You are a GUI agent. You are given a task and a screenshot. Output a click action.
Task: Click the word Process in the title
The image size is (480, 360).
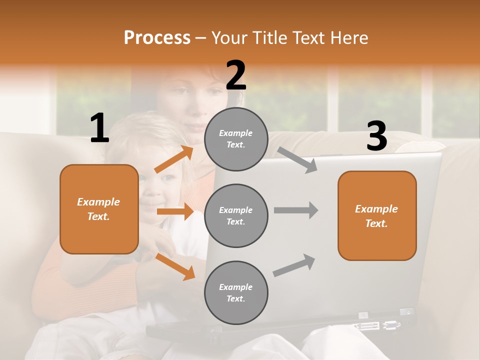click(x=157, y=38)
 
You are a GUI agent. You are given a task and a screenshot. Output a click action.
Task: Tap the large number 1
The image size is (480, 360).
click(x=99, y=128)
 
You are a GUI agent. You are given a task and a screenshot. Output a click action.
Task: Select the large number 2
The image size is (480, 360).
click(x=236, y=75)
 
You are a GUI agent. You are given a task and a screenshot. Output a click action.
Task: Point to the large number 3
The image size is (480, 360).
click(x=376, y=136)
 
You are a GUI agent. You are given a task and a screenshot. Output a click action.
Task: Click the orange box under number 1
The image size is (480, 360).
click(x=99, y=209)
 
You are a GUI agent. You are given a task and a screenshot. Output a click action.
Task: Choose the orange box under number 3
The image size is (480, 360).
click(x=377, y=215)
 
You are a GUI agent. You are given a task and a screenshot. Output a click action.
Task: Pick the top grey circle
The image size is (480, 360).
click(x=236, y=139)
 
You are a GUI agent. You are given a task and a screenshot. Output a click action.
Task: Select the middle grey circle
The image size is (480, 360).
click(x=236, y=215)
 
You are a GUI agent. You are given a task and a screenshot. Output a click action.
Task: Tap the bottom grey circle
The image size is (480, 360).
click(x=236, y=292)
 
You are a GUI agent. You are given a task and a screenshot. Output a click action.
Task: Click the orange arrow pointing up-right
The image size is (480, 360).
click(x=174, y=159)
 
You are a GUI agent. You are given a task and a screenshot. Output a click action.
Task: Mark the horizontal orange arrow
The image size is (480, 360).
click(x=175, y=211)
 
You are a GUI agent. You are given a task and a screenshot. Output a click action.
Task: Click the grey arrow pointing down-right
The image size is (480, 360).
click(x=297, y=160)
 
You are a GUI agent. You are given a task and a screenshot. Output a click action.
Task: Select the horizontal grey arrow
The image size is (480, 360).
click(x=296, y=210)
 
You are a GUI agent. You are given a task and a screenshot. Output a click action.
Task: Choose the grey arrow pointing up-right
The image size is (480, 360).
click(x=294, y=265)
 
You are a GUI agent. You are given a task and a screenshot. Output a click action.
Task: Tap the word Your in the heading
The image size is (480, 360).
click(x=230, y=38)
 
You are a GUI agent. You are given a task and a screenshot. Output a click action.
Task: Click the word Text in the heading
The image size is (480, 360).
click(x=308, y=38)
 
